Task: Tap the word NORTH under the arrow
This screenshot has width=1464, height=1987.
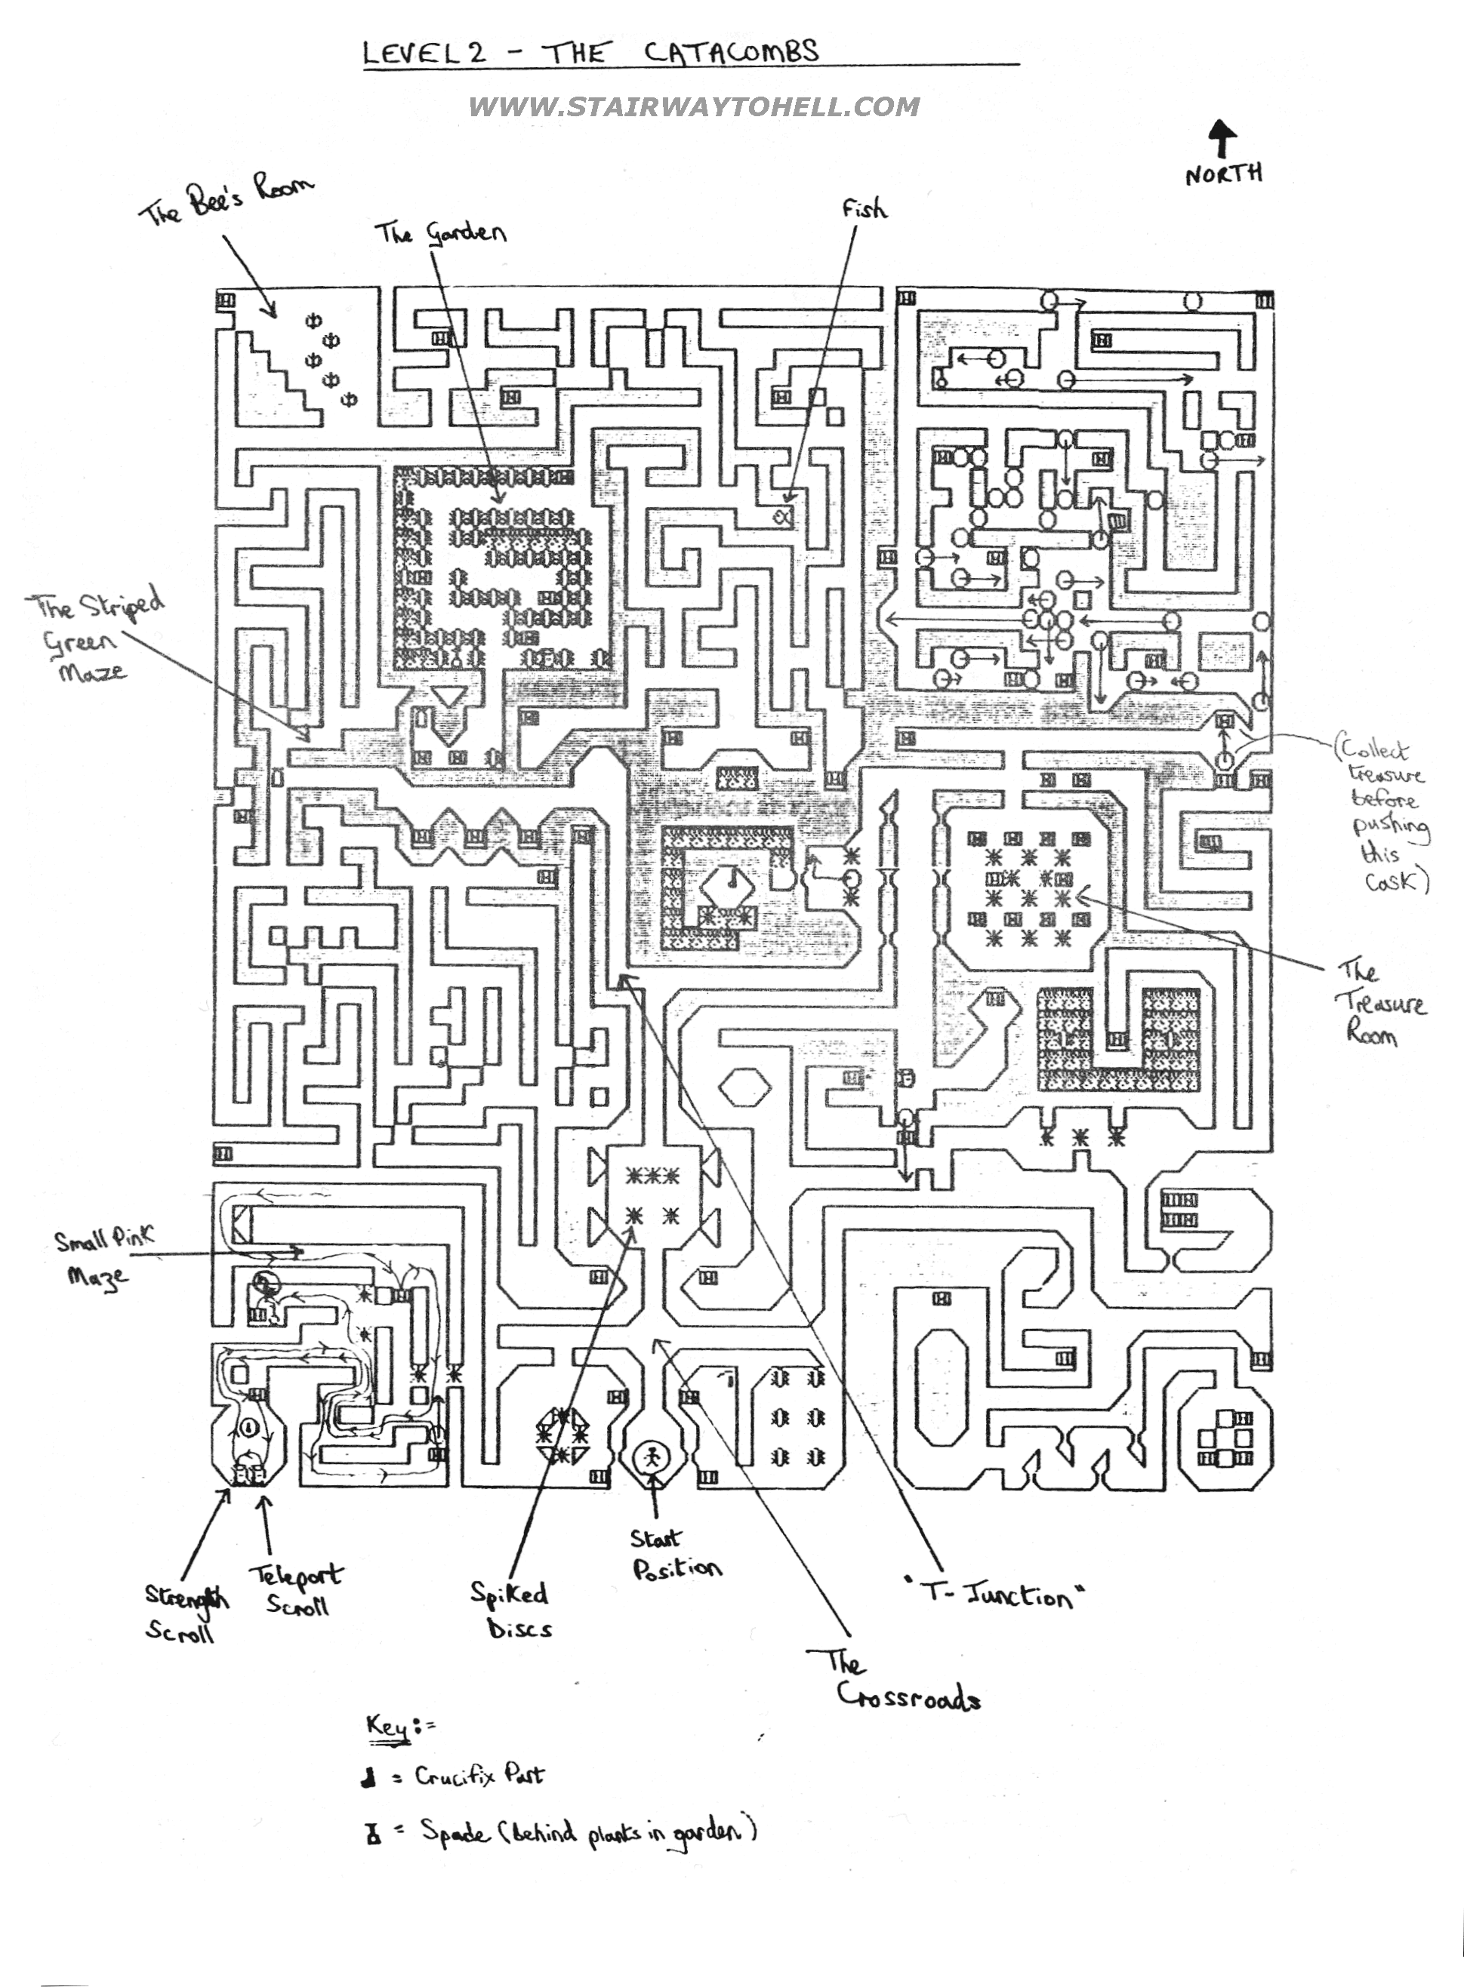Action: point(1224,174)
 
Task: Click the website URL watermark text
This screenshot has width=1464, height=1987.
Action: point(693,107)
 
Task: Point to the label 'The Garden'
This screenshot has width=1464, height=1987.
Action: point(440,233)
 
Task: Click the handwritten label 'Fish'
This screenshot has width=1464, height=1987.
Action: point(864,209)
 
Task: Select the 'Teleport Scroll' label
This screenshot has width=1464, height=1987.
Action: point(296,1589)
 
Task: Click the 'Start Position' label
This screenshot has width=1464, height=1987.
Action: point(674,1555)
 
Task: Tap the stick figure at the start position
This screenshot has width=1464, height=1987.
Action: point(653,1457)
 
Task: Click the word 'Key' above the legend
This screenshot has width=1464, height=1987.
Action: point(388,1727)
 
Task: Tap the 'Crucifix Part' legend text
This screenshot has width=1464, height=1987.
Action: point(479,1775)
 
